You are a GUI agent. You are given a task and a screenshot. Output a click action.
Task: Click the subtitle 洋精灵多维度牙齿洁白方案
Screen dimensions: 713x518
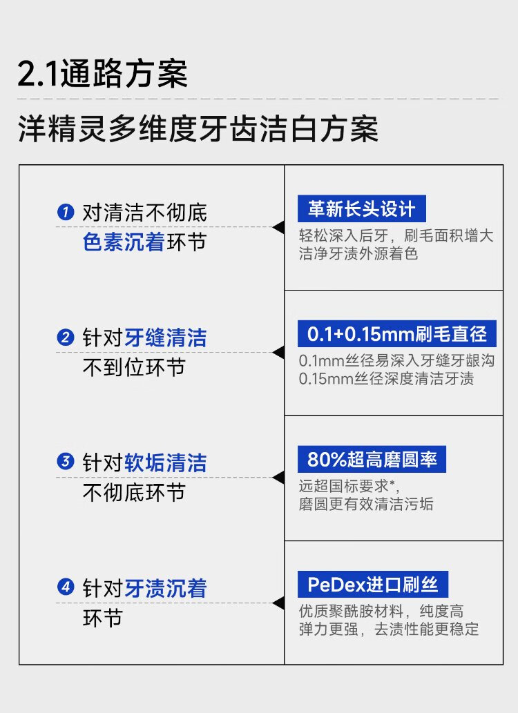point(198,128)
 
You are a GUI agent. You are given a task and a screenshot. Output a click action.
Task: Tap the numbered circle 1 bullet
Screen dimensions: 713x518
point(65,212)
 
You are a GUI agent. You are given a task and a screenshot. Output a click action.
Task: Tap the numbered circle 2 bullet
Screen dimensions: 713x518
point(65,338)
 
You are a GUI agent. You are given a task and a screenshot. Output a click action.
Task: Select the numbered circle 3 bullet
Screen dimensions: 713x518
point(65,462)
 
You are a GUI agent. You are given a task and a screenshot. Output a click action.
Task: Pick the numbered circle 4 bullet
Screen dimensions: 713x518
point(65,588)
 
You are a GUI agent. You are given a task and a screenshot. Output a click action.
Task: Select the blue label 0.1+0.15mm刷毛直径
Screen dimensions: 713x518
point(396,335)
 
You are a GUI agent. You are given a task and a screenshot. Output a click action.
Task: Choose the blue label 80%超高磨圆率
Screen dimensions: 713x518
point(372,460)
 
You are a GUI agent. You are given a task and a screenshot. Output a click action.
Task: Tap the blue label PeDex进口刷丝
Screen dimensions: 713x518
point(373,585)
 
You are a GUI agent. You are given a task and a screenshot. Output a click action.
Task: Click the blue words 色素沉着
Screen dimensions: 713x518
point(124,242)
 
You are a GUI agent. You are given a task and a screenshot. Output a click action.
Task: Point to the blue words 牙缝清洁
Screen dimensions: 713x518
point(166,338)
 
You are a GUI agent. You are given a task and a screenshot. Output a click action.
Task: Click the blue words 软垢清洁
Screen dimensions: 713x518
point(166,462)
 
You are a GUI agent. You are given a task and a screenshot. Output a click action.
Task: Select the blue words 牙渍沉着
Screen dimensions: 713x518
point(166,588)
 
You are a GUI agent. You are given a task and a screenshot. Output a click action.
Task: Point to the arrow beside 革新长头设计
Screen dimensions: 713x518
point(278,227)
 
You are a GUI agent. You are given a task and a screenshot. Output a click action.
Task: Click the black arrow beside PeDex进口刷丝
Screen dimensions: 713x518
point(278,603)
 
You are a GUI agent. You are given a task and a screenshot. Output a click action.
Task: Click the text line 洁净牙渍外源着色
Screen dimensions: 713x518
point(358,254)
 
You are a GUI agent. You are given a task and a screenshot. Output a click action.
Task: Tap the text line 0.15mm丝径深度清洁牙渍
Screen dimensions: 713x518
point(386,379)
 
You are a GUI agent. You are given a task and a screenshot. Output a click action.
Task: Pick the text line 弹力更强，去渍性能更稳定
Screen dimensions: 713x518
point(388,629)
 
